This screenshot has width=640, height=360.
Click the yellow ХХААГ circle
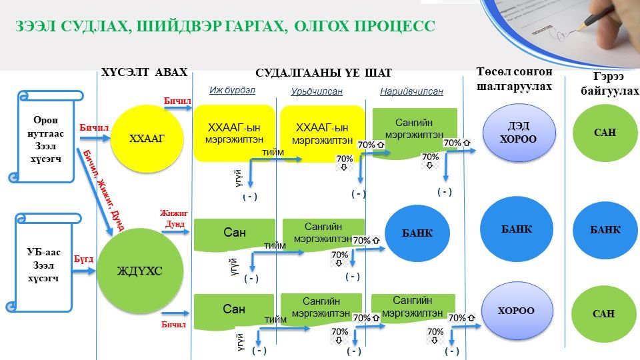(x=146, y=139)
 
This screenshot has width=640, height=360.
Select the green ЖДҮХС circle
(x=139, y=270)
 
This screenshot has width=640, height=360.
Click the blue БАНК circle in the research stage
(x=417, y=233)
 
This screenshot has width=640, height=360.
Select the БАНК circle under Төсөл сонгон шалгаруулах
(x=517, y=229)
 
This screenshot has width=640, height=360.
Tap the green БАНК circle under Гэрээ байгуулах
(x=605, y=229)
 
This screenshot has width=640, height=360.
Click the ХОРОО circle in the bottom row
(x=517, y=311)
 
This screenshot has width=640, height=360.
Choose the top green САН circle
(x=605, y=132)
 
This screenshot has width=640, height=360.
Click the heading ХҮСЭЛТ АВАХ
(x=144, y=73)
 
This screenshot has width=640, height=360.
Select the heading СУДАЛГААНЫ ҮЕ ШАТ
(x=324, y=73)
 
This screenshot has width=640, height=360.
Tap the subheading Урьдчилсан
(x=317, y=92)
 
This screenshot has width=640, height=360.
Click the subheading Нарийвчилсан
(x=411, y=92)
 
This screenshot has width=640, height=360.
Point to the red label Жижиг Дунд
(x=172, y=219)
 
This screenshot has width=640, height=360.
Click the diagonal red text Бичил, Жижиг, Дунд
(x=102, y=190)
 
